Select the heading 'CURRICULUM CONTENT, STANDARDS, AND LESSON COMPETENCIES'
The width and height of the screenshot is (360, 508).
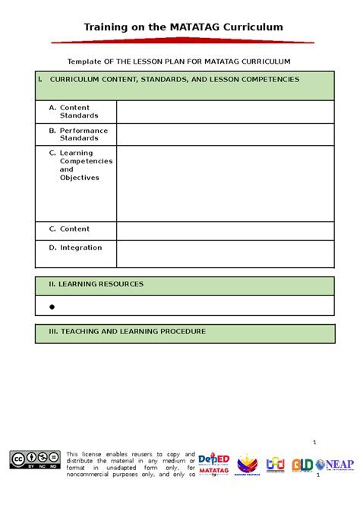coord(175,79)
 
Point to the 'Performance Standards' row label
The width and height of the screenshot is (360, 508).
coord(84,134)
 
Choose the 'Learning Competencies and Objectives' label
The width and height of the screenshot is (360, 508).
coord(85,166)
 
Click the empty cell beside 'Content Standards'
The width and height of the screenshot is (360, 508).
coord(226,112)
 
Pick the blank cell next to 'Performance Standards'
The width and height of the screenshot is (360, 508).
coord(226,135)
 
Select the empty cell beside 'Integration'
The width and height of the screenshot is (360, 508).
coord(226,253)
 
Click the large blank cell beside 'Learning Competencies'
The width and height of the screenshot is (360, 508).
coord(226,184)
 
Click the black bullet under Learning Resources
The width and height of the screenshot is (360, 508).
coord(52,307)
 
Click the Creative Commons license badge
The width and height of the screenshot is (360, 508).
coord(35,458)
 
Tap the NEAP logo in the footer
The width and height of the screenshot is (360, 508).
coord(333,464)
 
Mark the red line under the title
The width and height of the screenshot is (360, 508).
coord(183,41)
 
